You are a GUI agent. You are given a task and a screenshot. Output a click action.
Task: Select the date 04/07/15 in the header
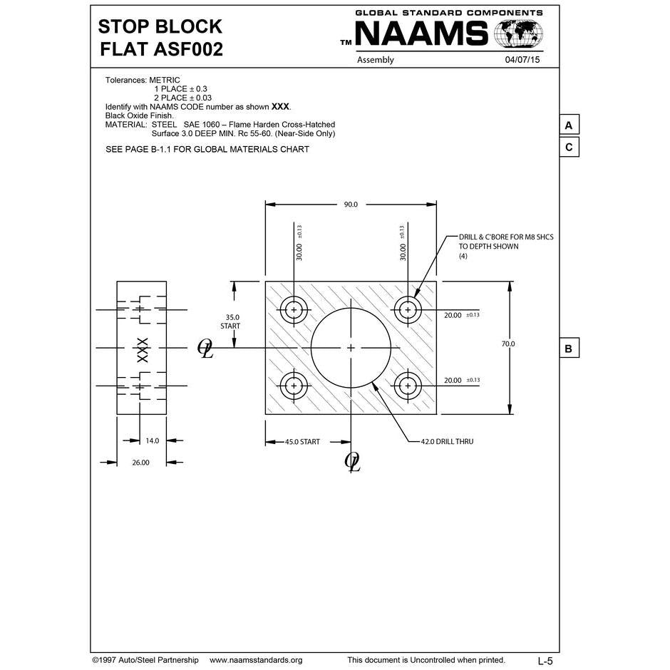point(522,60)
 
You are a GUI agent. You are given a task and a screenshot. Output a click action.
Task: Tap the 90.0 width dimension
point(351,204)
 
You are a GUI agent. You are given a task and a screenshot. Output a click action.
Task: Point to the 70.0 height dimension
point(507,344)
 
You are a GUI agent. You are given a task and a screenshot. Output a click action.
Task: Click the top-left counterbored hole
point(293,309)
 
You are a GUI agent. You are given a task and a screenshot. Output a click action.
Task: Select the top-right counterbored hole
point(408,309)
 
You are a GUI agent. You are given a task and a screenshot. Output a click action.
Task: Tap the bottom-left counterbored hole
point(293,386)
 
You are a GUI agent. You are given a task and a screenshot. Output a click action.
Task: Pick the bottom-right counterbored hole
point(408,386)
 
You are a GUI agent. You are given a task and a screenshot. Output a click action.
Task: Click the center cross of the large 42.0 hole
point(351,347)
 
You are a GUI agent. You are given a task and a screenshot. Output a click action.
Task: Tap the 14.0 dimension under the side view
point(152,440)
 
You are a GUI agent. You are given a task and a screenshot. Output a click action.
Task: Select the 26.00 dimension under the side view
point(141,463)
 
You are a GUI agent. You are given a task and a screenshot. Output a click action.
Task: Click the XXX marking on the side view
point(142,349)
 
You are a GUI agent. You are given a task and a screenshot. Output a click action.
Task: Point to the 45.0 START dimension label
point(302,442)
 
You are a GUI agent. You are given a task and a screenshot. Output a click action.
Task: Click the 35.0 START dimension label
point(230,321)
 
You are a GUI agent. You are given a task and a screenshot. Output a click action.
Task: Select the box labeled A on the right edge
point(568,125)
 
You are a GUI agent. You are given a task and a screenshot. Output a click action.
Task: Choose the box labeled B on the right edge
point(568,349)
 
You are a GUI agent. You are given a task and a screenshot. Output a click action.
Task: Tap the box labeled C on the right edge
point(568,148)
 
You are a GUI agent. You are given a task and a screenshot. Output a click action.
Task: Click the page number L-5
point(545,661)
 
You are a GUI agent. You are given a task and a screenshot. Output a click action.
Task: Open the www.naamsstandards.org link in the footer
point(256,660)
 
